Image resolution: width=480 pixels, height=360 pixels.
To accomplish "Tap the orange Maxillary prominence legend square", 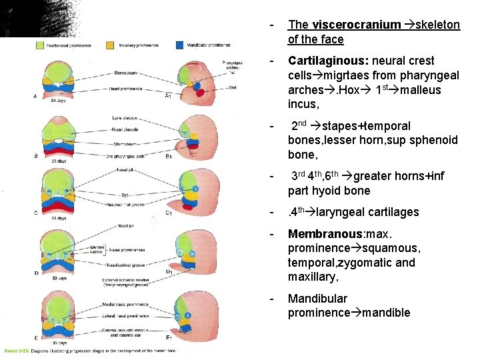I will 110,46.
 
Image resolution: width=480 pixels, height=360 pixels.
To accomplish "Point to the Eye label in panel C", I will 125,195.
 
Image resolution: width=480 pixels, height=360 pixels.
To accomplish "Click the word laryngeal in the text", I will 349,212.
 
